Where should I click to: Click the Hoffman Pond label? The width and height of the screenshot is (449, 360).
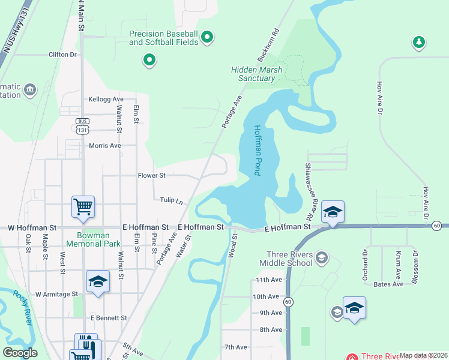tap(257, 150)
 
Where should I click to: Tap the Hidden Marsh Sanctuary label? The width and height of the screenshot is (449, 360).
tap(256, 74)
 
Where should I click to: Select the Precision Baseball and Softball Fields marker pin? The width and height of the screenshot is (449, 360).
tap(207, 38)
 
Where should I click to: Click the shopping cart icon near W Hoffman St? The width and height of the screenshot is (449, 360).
tap(83, 206)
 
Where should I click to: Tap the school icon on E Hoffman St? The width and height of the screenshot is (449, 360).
tap(333, 212)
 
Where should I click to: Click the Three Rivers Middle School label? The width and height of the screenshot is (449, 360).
tap(286, 259)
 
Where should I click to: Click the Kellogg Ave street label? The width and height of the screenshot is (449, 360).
tap(105, 99)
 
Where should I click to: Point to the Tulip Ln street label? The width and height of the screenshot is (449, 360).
tap(171, 200)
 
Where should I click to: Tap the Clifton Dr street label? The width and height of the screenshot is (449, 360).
tap(64, 55)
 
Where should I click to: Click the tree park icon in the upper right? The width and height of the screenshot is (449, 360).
tap(419, 42)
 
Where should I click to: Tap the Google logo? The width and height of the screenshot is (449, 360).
tap(20, 353)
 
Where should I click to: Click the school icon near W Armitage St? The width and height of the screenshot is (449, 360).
tap(98, 281)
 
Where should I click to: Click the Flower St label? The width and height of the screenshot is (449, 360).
tap(151, 176)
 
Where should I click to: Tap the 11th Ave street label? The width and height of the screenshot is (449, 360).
tap(268, 280)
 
